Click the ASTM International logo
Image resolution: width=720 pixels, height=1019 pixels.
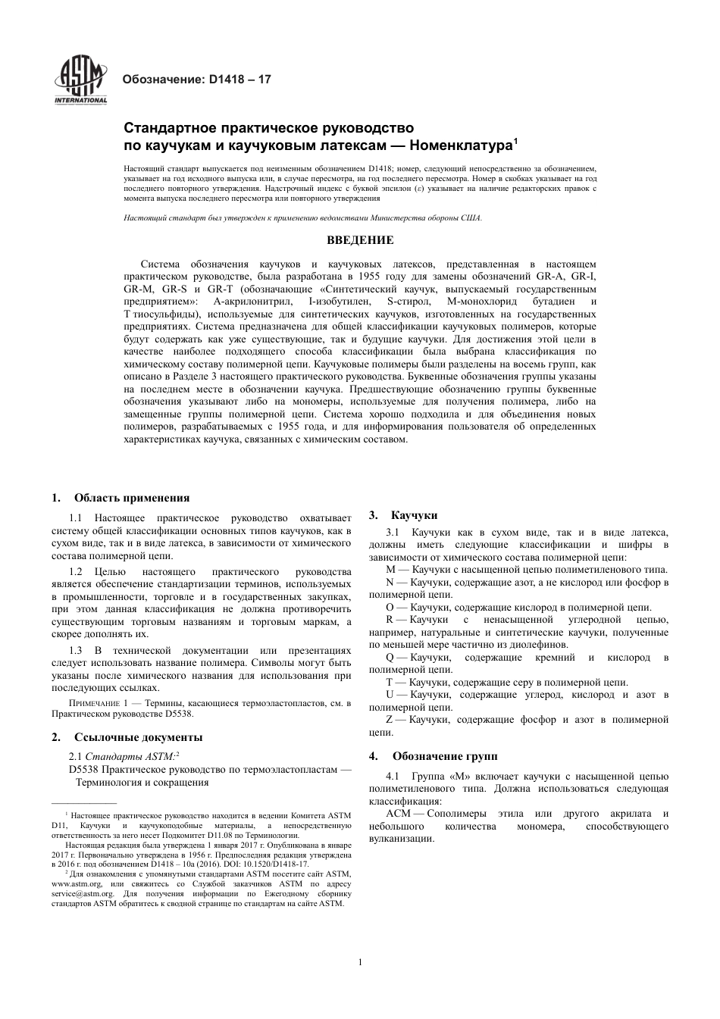(80, 80)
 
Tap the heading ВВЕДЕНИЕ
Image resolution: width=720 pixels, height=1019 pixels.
(360, 241)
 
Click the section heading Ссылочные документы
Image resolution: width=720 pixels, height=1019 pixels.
(138, 736)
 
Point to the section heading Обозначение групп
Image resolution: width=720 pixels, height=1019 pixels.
(444, 756)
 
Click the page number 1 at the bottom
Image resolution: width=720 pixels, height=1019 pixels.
(360, 962)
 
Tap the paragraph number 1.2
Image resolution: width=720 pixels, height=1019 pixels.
(76, 572)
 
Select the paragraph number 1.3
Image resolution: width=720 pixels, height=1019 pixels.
(76, 651)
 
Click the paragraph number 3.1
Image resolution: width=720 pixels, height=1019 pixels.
(393, 533)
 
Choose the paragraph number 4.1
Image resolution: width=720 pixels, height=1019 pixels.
(393, 776)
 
